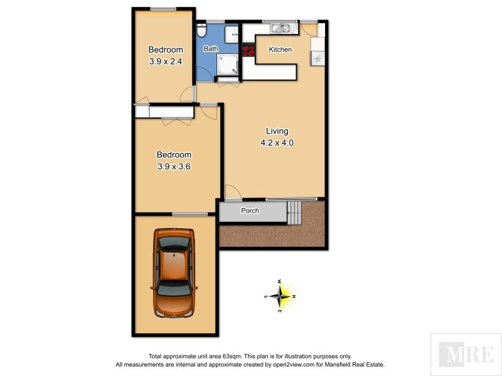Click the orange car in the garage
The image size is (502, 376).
point(174,273)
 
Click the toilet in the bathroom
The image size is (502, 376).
point(201,31)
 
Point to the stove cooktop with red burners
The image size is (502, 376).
point(248,50)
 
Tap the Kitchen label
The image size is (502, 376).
point(280,50)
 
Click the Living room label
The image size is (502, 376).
point(277,131)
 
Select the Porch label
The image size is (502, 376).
point(250,211)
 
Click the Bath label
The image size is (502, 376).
point(210,48)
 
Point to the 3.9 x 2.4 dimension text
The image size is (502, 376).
point(166,61)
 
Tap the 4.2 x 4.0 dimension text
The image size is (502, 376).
point(277,142)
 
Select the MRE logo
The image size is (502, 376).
point(465,354)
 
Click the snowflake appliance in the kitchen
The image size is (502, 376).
point(318,59)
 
